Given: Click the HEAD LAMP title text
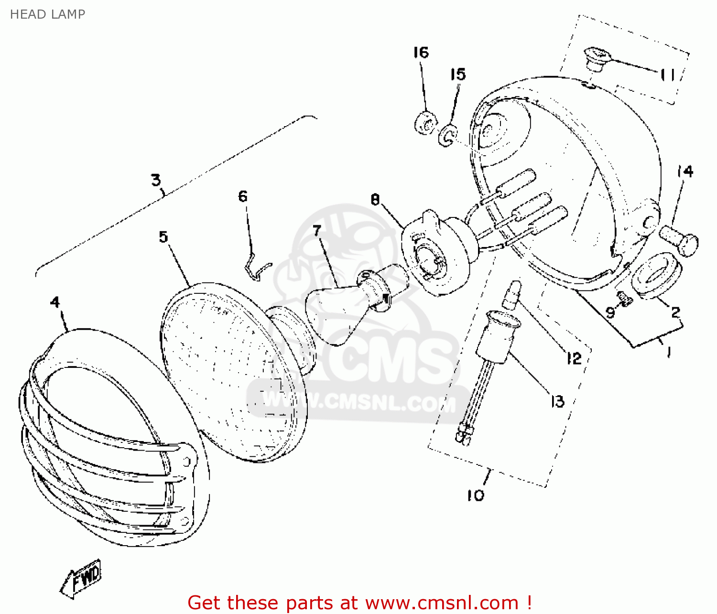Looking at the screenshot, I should pyautogui.click(x=47, y=14).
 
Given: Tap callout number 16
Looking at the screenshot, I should pyautogui.click(x=421, y=53).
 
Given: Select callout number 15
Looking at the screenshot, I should pyautogui.click(x=457, y=75).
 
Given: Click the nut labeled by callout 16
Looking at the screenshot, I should pyautogui.click(x=425, y=124).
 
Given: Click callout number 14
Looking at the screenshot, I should pyautogui.click(x=685, y=172).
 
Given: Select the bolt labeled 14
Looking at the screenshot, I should pyautogui.click(x=679, y=240).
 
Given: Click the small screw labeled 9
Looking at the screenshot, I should pyautogui.click(x=624, y=299).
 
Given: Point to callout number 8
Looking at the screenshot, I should pyautogui.click(x=375, y=199).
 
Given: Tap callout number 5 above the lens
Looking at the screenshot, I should pyautogui.click(x=163, y=237).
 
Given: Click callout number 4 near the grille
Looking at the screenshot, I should pyautogui.click(x=55, y=302).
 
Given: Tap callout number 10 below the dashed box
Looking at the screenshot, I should pyautogui.click(x=475, y=496).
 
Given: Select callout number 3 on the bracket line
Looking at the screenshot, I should pyautogui.click(x=156, y=180).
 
